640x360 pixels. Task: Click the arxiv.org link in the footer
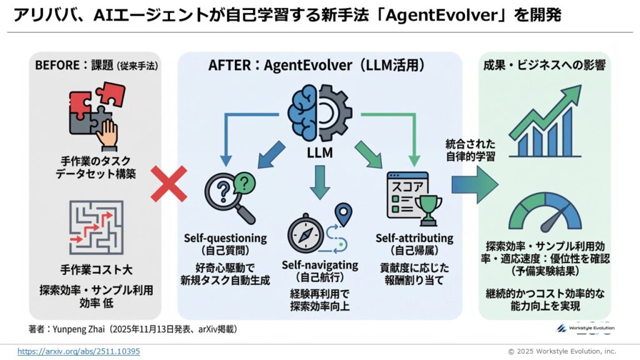[79, 351]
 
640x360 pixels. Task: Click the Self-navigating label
[320, 265]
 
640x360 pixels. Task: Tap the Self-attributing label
[414, 238]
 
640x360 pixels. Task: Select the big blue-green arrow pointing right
[473, 184]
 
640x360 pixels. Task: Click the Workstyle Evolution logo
[585, 328]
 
